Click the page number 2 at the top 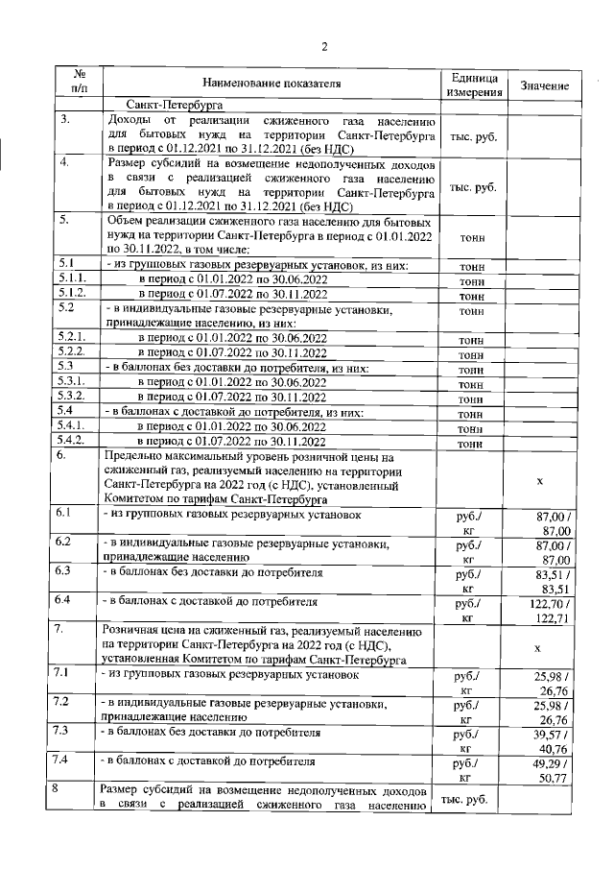323,46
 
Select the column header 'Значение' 545,85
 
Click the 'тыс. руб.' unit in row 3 473,137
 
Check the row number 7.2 64,703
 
